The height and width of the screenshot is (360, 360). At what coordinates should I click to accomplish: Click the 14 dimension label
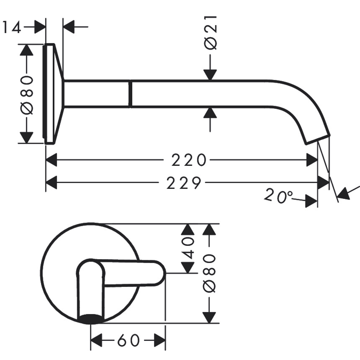(12, 27)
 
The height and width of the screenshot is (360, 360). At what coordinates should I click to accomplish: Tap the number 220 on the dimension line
(188, 159)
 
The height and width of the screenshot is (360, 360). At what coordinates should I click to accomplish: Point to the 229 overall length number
(184, 183)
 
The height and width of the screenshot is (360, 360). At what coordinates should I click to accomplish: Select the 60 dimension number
(128, 340)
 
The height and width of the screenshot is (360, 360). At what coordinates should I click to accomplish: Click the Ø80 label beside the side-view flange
(27, 94)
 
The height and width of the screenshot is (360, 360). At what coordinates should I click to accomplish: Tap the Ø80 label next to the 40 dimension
(211, 273)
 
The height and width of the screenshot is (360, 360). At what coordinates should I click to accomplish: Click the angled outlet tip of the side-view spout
(315, 139)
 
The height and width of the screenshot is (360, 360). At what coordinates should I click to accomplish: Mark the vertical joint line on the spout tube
(129, 94)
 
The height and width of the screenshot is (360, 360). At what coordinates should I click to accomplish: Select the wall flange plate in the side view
(51, 94)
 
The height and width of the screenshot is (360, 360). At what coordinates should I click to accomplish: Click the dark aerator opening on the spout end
(91, 319)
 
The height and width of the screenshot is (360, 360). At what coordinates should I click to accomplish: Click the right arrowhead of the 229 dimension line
(323, 183)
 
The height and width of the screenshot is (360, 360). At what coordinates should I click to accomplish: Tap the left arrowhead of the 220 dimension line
(51, 159)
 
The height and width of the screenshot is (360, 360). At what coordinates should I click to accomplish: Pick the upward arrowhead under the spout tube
(211, 113)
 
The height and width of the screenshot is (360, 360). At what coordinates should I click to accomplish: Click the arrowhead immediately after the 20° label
(312, 201)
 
